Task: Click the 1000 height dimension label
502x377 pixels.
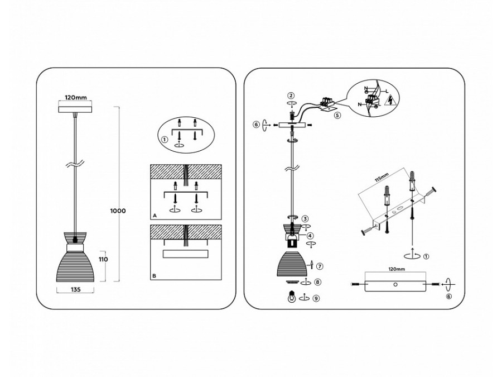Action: pos(118,211)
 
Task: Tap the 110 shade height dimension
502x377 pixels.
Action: pos(103,259)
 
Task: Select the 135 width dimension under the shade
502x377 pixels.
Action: pos(75,289)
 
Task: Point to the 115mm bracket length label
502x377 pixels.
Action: pos(382,178)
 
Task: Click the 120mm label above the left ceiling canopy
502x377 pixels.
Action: pos(75,97)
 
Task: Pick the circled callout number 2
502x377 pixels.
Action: pos(291,96)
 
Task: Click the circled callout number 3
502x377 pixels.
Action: pos(305,219)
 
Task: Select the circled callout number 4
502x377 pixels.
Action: pos(310,236)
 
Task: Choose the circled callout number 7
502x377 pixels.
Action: pos(320,266)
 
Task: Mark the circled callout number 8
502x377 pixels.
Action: pos(317,282)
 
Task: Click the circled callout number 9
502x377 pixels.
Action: pos(316,298)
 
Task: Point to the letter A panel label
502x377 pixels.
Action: pos(155,216)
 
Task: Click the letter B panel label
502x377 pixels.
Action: pos(155,276)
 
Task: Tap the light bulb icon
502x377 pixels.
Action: pos(291,297)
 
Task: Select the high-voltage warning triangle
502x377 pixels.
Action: pos(391,101)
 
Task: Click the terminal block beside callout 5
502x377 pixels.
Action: pos(326,102)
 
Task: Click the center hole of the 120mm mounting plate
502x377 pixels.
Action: pos(395,284)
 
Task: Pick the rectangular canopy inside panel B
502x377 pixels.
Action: pos(186,254)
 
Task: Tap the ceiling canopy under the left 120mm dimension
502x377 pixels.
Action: pos(75,109)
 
